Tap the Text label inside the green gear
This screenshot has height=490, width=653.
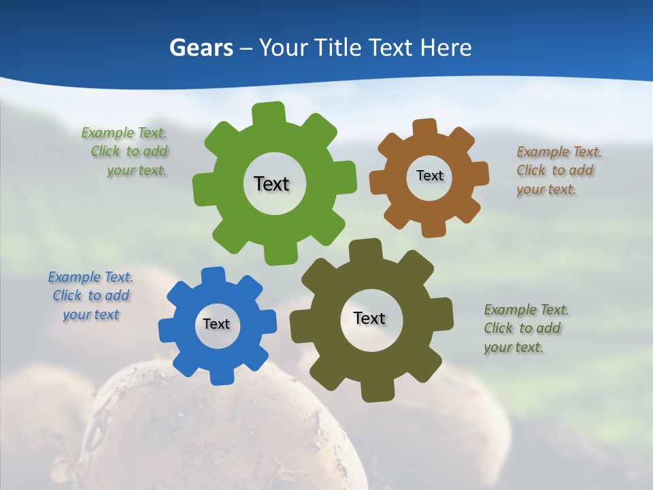coord(272,184)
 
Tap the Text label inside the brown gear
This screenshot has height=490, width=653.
coord(429,176)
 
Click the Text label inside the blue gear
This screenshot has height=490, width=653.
coord(216,324)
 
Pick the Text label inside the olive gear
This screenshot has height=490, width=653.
coord(369,318)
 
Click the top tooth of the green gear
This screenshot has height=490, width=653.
coord(269,113)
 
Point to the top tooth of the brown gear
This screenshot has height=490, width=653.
coord(425,127)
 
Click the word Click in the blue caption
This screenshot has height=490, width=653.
coord(67,295)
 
